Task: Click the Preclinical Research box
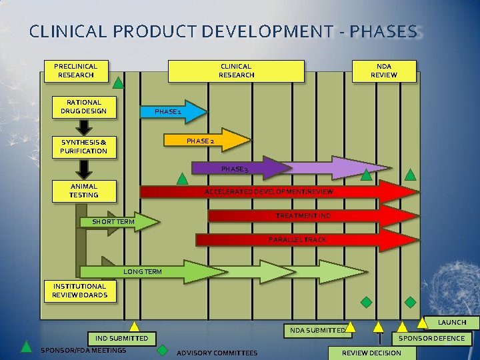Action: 75,71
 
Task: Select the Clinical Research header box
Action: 236,71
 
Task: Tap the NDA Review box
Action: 384,71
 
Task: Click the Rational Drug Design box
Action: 84,107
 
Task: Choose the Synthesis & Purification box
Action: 84,147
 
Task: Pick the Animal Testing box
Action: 84,191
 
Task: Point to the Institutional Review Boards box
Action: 80,291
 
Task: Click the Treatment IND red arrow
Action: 303,216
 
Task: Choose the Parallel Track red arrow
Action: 297,239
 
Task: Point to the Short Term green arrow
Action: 120,221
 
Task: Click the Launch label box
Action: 452,323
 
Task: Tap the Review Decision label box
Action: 371,353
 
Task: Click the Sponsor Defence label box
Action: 431,339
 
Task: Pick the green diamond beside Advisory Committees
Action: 162,349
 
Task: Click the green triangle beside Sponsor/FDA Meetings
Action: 26,346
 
